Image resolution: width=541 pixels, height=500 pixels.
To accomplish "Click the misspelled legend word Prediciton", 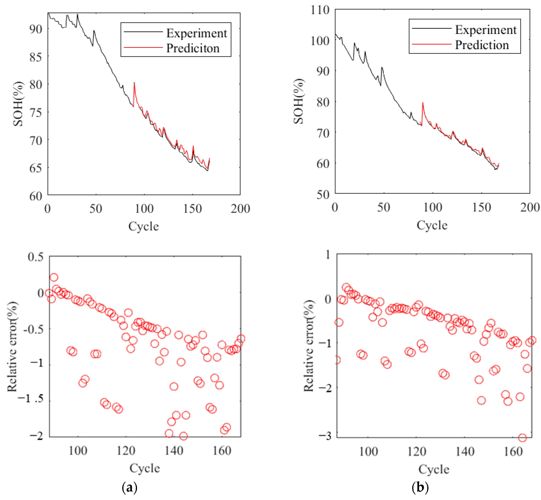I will tap(193, 48).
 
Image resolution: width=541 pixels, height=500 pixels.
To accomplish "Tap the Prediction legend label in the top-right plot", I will tap(482, 45).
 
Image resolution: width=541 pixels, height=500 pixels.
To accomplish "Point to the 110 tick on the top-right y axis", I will tap(320, 10).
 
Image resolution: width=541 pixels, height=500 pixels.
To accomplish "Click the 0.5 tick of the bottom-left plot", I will tap(36, 257).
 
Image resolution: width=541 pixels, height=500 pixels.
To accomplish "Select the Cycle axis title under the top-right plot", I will tap(432, 225).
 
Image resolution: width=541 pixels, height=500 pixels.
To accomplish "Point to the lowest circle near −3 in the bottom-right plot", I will tap(522, 437).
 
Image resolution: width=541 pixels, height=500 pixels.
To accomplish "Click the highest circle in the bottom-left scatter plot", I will tap(54, 277).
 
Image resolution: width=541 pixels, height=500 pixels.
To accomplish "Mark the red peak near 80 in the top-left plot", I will tap(134, 83).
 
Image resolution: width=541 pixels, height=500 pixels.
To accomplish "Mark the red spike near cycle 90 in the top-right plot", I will tap(423, 103).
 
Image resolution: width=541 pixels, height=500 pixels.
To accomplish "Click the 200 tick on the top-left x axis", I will tap(240, 209).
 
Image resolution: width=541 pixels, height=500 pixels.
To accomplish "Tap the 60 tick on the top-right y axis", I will tap(323, 163).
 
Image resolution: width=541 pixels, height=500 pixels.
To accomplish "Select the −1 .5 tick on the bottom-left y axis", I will tap(30, 398).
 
